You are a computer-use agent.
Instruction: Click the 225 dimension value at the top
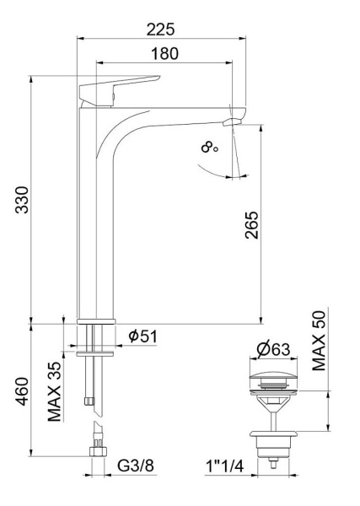click(160, 29)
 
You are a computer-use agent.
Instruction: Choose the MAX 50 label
click(319, 341)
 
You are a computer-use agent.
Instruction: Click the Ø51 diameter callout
click(144, 336)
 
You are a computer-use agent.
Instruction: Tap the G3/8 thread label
click(136, 464)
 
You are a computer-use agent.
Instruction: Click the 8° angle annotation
click(210, 148)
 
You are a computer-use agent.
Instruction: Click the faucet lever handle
click(118, 87)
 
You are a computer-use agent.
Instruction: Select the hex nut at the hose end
click(98, 453)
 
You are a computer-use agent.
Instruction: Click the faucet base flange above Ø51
click(95, 321)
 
